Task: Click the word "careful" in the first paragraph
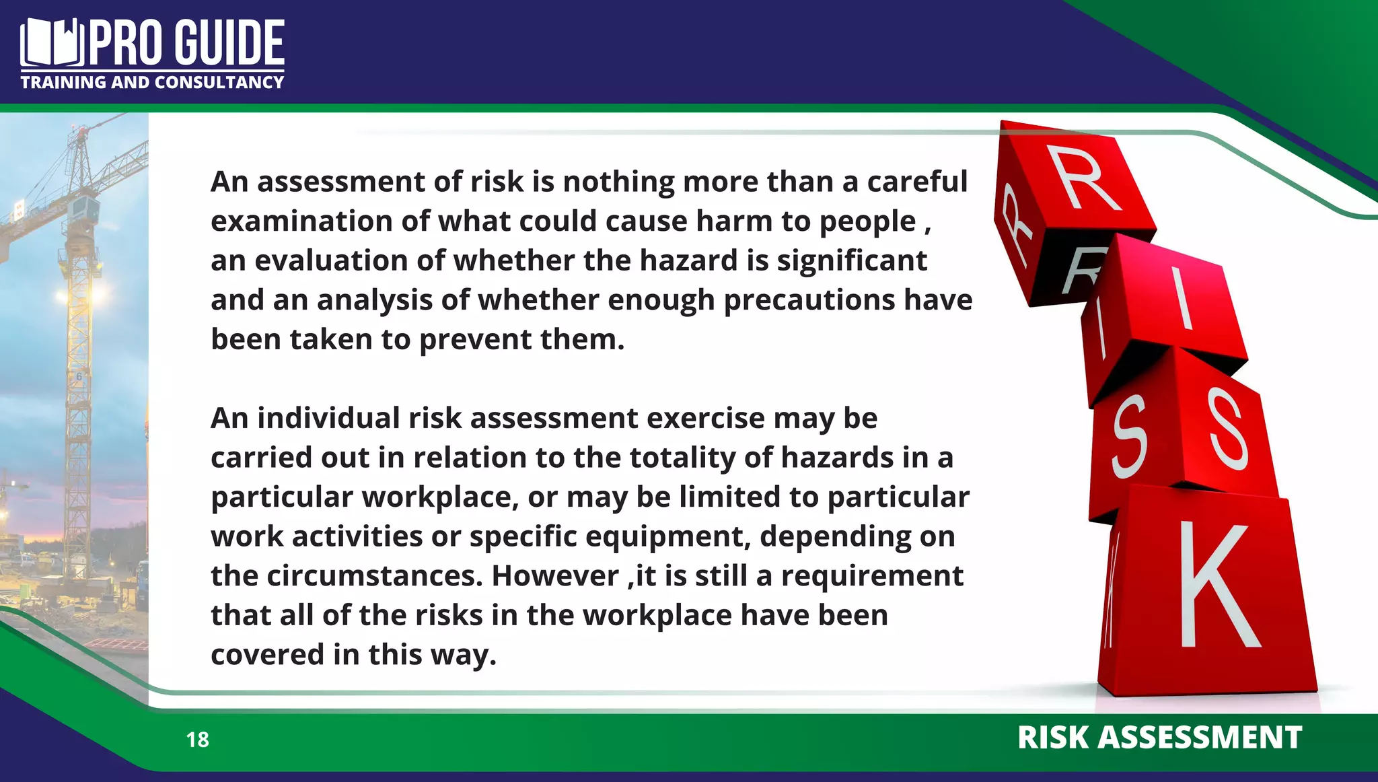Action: coord(917,182)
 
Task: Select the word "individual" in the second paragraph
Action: coord(329,419)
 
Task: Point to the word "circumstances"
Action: coord(374,576)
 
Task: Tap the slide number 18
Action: coord(198,740)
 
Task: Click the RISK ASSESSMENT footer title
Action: coord(1159,738)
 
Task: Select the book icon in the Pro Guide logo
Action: coord(52,43)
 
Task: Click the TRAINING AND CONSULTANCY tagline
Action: coord(152,83)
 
